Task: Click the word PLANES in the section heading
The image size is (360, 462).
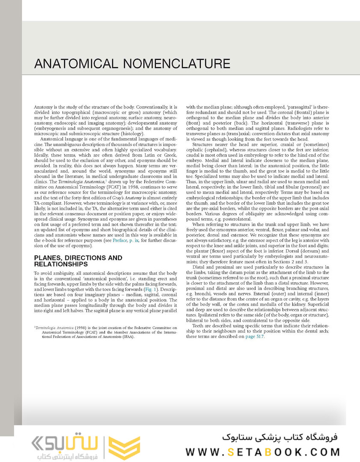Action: tap(48, 258)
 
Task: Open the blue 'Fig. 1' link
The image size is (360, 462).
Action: tap(152, 289)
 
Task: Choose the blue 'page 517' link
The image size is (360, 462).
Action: tap(255, 336)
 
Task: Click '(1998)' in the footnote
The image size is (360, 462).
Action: tap(81, 328)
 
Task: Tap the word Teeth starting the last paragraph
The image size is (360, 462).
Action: tap(200, 326)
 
